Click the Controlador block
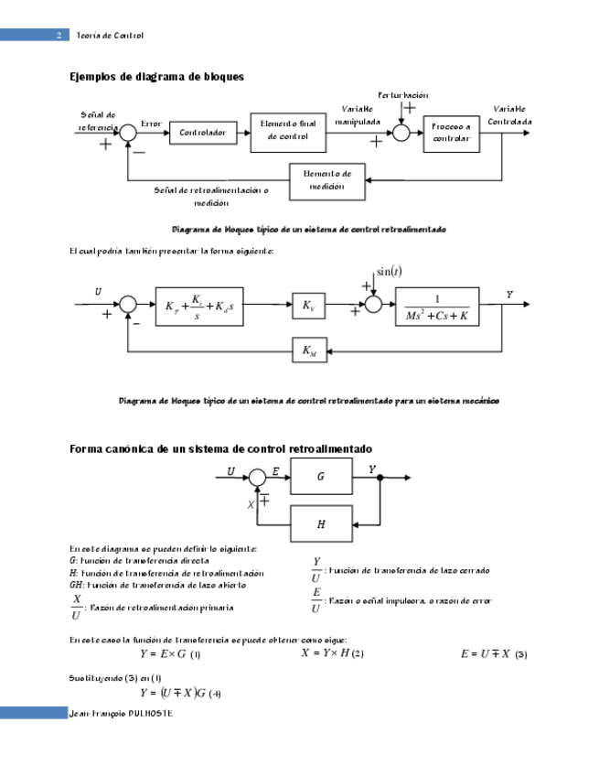point(202,133)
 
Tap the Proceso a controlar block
point(452,132)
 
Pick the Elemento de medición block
point(326,180)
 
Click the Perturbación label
point(402,95)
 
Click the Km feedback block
point(308,349)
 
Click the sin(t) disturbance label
point(390,271)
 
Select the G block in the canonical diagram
point(320,477)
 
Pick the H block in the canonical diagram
point(320,524)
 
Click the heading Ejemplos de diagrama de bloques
point(156,77)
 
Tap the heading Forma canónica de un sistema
point(220,449)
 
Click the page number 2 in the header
point(59,35)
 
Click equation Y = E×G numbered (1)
point(170,654)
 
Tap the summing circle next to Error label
point(128,134)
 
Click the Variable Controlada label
point(509,115)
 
